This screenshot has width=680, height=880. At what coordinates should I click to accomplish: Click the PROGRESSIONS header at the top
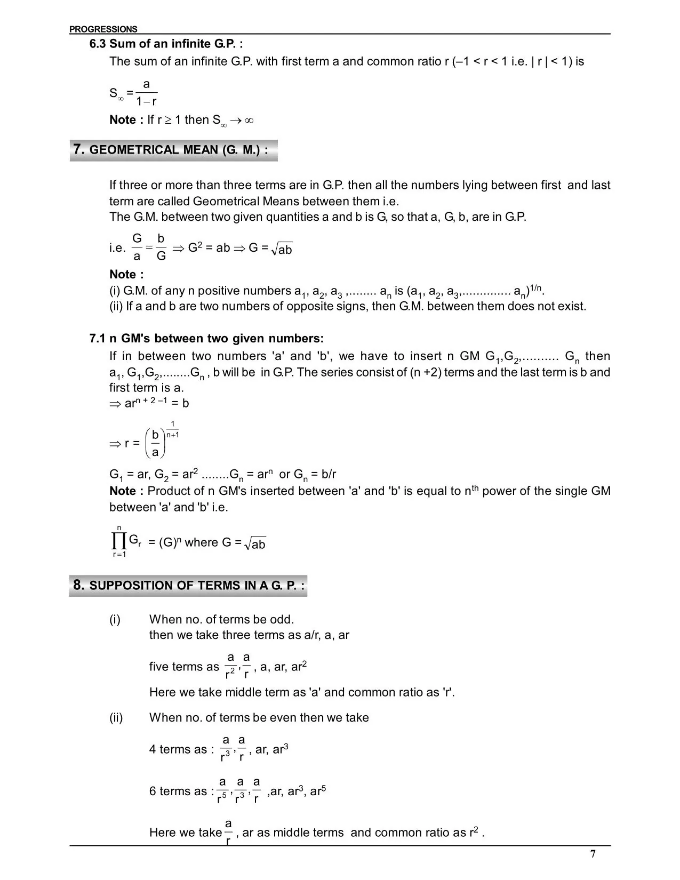click(x=103, y=29)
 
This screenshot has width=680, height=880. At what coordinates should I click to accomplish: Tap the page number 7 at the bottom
click(x=593, y=854)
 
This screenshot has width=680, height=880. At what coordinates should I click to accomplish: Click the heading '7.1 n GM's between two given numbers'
click(x=206, y=339)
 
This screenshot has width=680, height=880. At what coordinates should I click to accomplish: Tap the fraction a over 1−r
click(x=146, y=93)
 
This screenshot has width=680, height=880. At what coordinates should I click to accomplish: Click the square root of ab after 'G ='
click(x=282, y=249)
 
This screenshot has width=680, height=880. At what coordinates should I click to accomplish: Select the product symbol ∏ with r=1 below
click(x=118, y=542)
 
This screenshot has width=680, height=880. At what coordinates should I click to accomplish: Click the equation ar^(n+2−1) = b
click(x=149, y=403)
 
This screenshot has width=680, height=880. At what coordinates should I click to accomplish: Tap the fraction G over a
click(x=137, y=247)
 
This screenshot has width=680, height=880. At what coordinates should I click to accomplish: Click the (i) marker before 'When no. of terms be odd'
click(x=115, y=619)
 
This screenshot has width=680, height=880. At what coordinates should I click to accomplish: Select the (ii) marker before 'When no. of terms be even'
click(x=116, y=717)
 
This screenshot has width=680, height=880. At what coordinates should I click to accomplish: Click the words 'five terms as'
click(x=184, y=667)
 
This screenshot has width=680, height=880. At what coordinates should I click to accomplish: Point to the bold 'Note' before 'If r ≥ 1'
click(x=126, y=120)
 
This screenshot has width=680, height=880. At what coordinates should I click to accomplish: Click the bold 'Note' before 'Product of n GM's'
click(x=126, y=491)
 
